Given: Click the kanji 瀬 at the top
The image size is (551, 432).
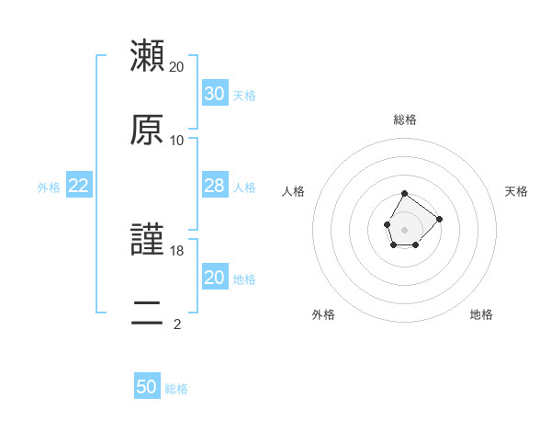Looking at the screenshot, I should (147, 56).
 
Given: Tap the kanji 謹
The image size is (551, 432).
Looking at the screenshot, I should (147, 240).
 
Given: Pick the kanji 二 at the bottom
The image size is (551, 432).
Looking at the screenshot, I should (147, 313).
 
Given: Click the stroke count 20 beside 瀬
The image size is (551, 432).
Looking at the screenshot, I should (177, 67).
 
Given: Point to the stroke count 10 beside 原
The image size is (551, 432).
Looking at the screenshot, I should (177, 141).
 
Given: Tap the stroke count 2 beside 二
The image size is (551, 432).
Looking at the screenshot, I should (177, 324).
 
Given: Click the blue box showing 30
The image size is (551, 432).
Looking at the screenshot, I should (214, 94).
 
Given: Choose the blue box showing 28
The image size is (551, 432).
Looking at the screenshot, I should (214, 186).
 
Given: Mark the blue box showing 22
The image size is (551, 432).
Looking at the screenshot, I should (79, 186).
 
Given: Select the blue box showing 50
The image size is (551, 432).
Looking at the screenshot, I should (147, 387).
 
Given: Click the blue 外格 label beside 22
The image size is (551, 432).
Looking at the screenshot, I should (49, 188).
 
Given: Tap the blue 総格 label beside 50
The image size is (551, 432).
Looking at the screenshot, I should (176, 389).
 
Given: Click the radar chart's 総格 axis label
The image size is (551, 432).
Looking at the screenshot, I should (405, 119).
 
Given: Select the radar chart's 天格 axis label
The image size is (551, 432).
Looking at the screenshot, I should (516, 191).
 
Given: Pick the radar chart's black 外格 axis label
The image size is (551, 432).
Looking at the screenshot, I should (323, 314).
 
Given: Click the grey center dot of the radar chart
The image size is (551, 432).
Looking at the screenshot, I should (404, 228).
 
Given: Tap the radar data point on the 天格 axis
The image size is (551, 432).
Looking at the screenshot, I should (439, 219).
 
